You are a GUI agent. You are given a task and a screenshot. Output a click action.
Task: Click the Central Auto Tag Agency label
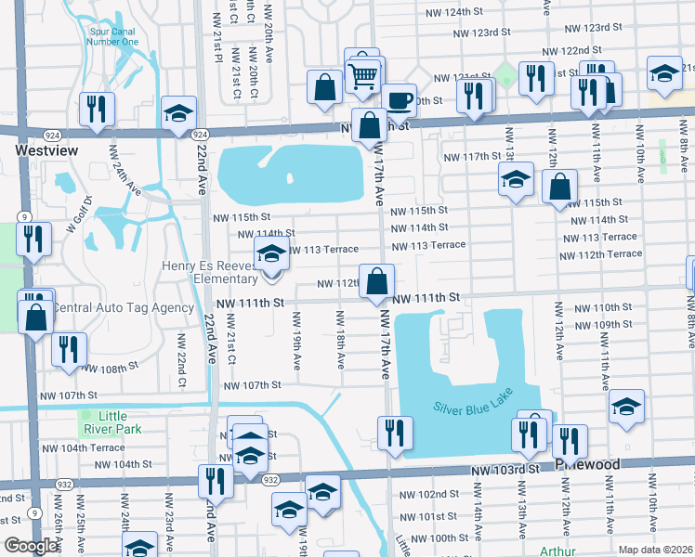122,307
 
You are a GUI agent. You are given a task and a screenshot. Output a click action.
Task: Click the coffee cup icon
399,98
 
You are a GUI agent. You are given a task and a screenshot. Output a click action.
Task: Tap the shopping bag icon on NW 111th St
376,281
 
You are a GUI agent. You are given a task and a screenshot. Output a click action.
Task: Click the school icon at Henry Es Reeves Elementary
271,253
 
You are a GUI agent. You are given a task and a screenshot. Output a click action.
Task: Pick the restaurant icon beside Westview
97,109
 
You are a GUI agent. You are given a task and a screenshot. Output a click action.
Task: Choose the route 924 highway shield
199,135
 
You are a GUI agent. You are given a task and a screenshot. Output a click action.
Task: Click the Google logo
30,547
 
